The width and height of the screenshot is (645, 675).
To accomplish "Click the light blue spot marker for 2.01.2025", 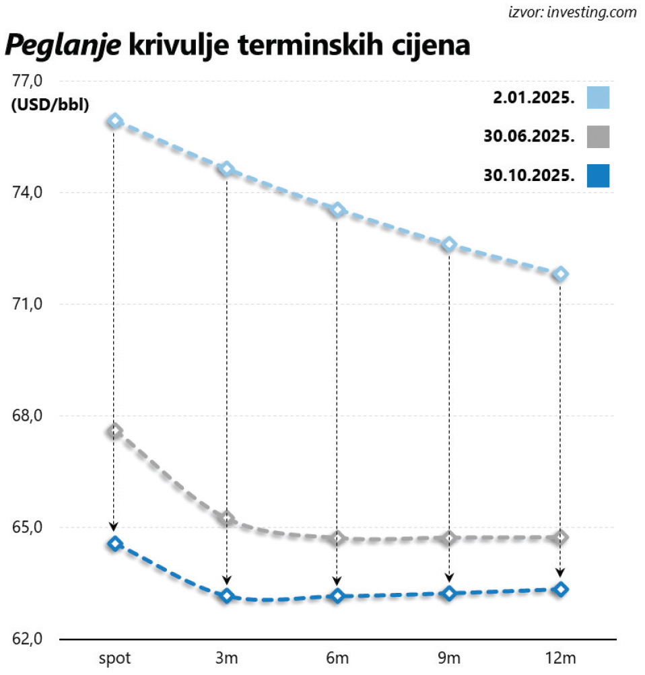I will (x=115, y=121).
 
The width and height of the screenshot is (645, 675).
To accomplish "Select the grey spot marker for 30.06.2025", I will (x=115, y=431).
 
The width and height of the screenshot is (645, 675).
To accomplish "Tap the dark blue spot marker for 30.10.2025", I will (x=115, y=544).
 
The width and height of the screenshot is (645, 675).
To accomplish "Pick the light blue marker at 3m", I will (x=227, y=169).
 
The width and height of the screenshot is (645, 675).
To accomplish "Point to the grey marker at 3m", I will (x=227, y=518).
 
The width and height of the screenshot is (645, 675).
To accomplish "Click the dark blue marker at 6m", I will (x=337, y=596).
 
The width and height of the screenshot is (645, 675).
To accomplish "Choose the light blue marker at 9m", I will (x=449, y=244).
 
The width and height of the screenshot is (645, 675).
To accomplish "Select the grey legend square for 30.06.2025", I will (x=598, y=137).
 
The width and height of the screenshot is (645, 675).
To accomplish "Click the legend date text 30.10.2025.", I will (x=529, y=176).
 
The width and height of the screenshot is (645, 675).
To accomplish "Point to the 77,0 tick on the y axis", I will (x=28, y=81).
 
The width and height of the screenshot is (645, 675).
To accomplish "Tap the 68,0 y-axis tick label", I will (x=28, y=416).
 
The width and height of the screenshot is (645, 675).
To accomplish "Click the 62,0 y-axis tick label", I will (x=28, y=639).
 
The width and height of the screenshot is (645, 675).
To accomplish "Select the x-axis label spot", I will (x=115, y=658).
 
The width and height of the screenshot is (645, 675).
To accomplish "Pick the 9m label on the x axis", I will (x=449, y=658).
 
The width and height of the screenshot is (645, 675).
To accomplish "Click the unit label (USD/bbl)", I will (x=50, y=104).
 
